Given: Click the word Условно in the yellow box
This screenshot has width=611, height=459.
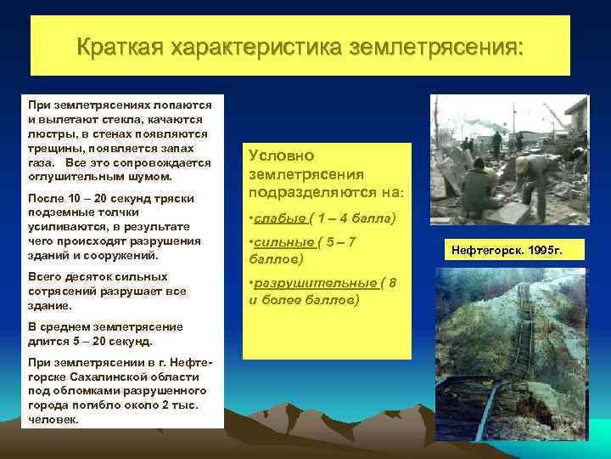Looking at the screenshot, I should [x=282, y=156].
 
